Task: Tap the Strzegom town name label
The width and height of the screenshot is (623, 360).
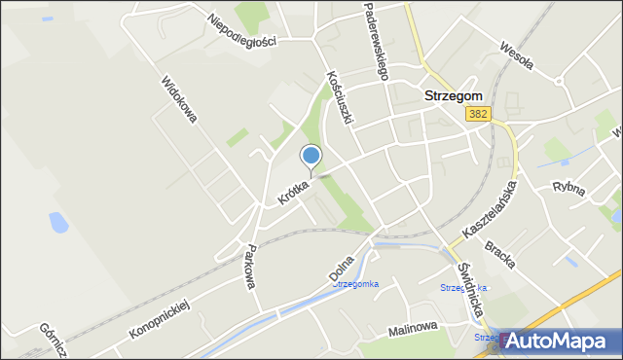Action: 453,96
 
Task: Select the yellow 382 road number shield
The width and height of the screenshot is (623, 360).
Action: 478,114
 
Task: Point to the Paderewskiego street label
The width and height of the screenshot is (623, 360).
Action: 376,41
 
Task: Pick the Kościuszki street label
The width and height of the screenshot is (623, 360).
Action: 339,95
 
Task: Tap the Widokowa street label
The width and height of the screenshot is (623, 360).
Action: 179,98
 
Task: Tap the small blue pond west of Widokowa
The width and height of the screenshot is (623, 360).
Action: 57,222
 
